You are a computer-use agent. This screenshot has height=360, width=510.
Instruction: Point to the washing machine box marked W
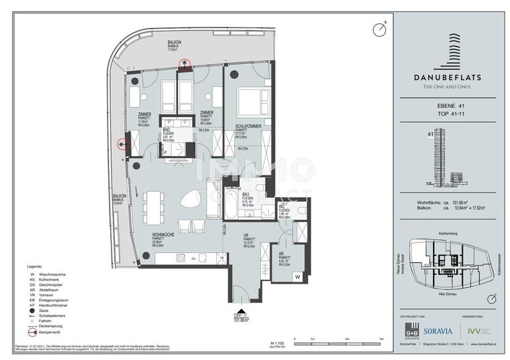coord(298,276)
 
